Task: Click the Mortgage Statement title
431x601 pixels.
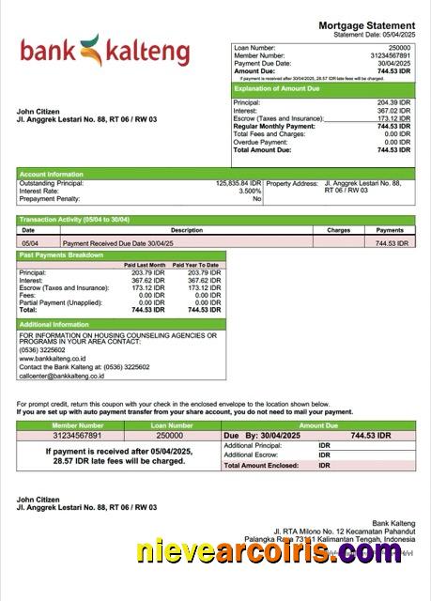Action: point(366,25)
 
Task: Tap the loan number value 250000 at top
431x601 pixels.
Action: point(399,47)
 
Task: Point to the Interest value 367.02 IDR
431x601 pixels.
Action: point(393,110)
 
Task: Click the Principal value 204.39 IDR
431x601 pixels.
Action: point(393,101)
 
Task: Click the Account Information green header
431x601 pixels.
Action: point(52,174)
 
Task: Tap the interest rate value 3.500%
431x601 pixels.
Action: point(250,191)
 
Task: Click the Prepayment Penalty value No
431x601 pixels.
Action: point(256,199)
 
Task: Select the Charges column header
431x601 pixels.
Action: point(339,230)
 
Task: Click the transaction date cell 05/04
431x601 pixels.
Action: point(28,243)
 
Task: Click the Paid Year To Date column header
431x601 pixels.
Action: point(195,265)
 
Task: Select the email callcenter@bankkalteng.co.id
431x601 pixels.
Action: point(64,375)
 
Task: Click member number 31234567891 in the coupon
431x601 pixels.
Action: point(76,436)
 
